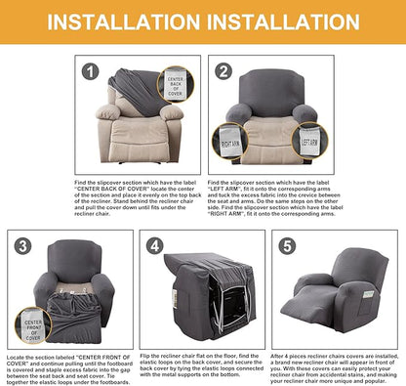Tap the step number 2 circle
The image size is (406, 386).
[224, 70]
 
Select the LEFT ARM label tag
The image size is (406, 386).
[310, 138]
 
